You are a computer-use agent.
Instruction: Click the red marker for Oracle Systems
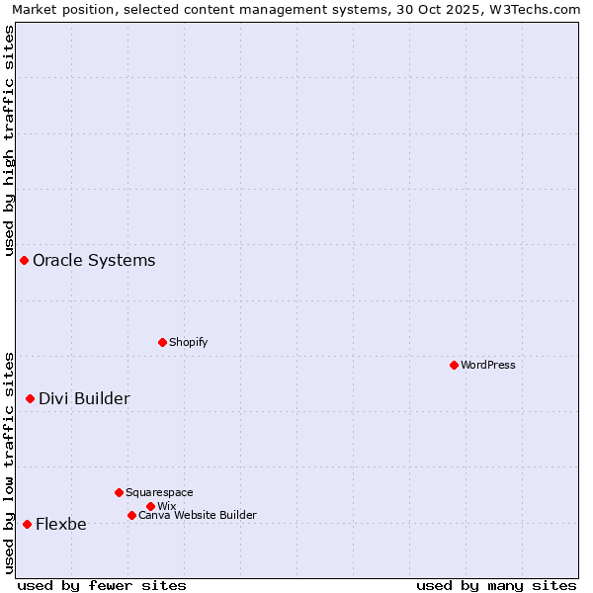pyautogui.click(x=24, y=260)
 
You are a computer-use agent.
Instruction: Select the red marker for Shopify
pyautogui.click(x=162, y=342)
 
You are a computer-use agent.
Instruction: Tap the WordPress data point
pyautogui.click(x=454, y=365)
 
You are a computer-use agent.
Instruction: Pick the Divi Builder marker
pyautogui.click(x=30, y=398)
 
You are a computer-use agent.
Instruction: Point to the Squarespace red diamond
pyautogui.click(x=119, y=492)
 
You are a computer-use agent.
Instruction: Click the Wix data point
pyautogui.click(x=150, y=506)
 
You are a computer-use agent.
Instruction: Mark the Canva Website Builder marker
pyautogui.click(x=131, y=515)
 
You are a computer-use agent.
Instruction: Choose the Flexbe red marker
pyautogui.click(x=27, y=524)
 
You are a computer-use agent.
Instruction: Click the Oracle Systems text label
pyautogui.click(x=94, y=260)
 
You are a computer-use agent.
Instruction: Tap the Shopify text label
pyautogui.click(x=188, y=342)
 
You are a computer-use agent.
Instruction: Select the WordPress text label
pyautogui.click(x=488, y=365)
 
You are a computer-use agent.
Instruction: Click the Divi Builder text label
pyautogui.click(x=84, y=398)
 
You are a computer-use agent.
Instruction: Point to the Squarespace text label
pyautogui.click(x=159, y=492)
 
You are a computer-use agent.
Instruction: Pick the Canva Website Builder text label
pyautogui.click(x=198, y=515)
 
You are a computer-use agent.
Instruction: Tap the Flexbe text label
pyautogui.click(x=60, y=524)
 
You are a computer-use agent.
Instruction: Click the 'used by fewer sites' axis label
pyautogui.click(x=102, y=585)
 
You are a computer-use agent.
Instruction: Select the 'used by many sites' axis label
pyautogui.click(x=496, y=585)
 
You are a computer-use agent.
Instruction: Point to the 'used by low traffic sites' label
pyautogui.click(x=9, y=462)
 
